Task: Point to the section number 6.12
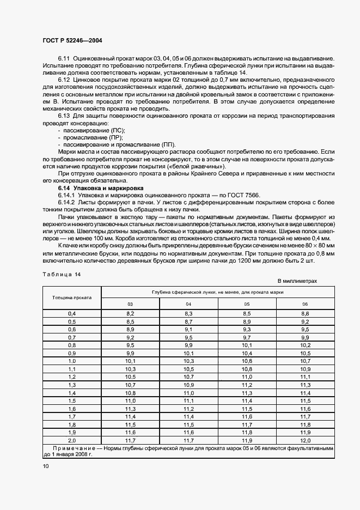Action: tap(64, 80)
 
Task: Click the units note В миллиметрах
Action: tap(297, 281)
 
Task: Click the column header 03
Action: tap(130, 304)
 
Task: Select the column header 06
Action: tap(305, 304)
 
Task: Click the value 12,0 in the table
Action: tap(305, 440)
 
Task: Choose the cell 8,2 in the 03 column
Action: tap(130, 314)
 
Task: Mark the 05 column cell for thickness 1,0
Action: tap(247, 361)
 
